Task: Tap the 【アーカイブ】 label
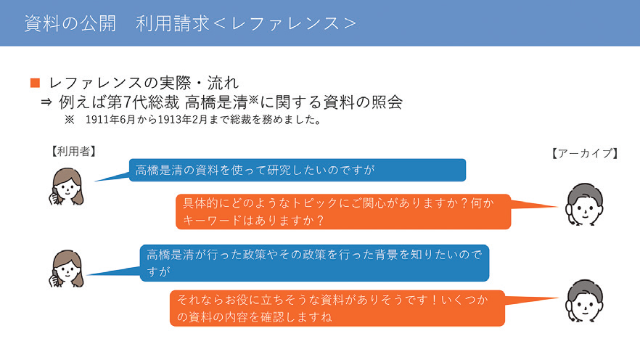(x=584, y=153)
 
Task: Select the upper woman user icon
(x=66, y=188)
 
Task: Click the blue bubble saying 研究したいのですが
(x=297, y=171)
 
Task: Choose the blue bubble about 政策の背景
(x=313, y=263)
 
